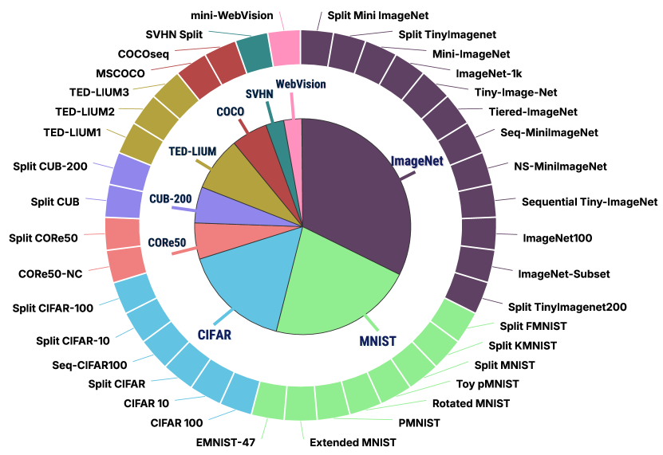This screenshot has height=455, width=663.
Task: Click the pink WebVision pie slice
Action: click(294, 139)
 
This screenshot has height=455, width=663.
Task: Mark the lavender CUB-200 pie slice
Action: click(214, 206)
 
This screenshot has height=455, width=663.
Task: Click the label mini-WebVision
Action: click(232, 15)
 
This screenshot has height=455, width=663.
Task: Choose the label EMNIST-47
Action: click(225, 441)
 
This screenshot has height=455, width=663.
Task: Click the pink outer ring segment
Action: click(284, 48)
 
